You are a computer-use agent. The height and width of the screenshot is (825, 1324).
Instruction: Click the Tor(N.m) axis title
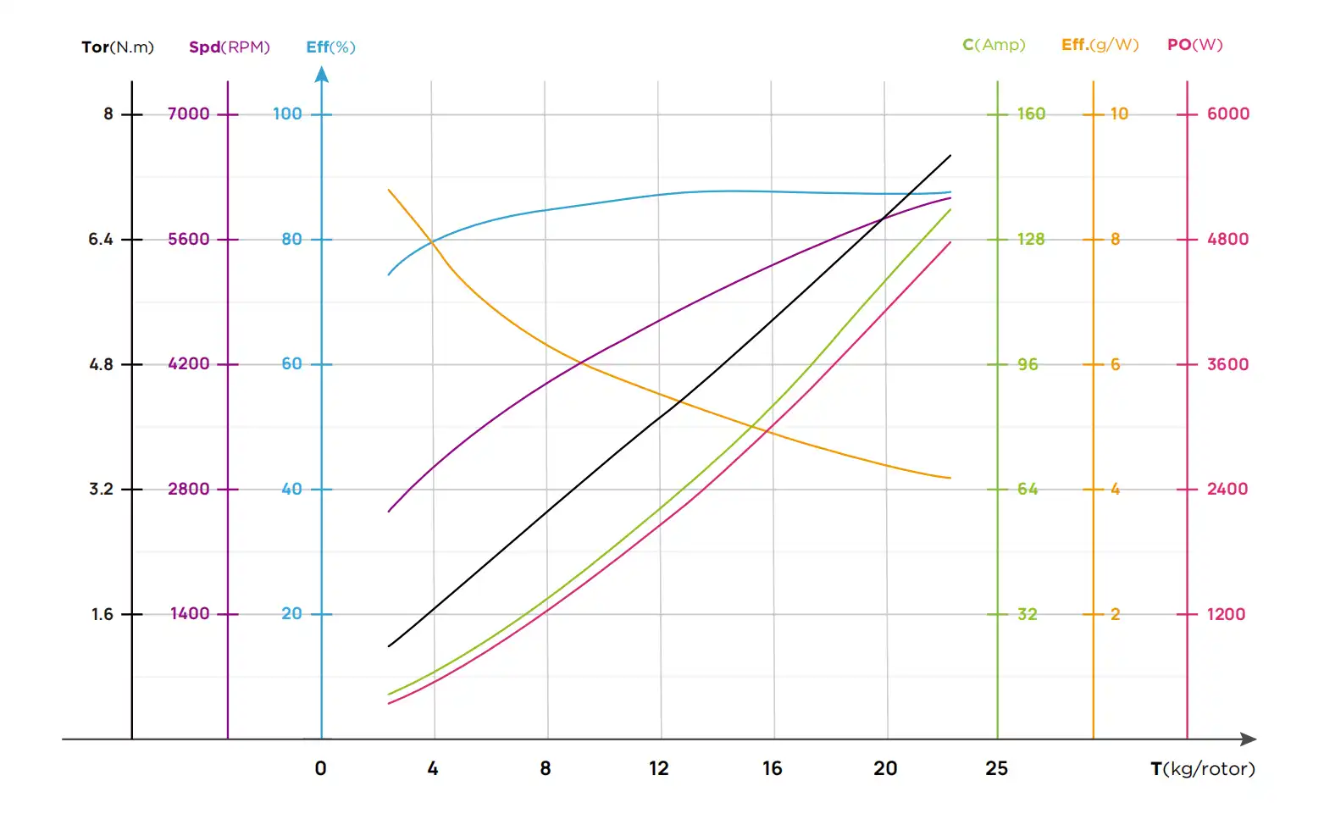point(118,47)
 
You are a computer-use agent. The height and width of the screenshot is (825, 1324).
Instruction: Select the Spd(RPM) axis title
point(229,47)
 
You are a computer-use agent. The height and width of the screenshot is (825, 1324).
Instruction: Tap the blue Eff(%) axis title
point(330,47)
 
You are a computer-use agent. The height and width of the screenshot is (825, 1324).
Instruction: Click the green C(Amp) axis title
point(994,45)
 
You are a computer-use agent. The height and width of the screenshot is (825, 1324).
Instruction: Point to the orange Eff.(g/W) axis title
point(1100,45)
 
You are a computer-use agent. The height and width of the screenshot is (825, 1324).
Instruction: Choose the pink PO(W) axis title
point(1194,45)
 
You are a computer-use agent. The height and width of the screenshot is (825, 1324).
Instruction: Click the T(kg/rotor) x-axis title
point(1202,769)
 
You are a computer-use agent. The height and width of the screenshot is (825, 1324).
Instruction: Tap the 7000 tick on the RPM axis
point(188,114)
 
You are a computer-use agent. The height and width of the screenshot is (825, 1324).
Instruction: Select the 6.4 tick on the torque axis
point(101,240)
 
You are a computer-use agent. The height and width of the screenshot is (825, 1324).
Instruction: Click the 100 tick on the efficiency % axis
point(287,114)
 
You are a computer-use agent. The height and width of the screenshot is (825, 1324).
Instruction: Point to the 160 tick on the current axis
point(1031,114)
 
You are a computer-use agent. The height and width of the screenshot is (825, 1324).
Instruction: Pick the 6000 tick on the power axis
point(1227,114)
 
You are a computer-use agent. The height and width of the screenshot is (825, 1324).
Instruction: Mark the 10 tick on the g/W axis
point(1119,114)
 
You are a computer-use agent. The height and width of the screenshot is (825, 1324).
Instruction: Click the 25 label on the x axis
point(997,768)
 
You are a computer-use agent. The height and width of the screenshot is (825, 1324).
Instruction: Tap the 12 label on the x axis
point(659,768)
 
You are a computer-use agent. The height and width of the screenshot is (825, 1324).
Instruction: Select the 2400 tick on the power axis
point(1227,489)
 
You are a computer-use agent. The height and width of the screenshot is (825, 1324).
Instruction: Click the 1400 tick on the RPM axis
point(190,614)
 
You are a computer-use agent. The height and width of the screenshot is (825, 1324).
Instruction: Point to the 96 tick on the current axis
point(1028,364)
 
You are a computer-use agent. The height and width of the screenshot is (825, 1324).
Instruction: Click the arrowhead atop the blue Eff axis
point(322,75)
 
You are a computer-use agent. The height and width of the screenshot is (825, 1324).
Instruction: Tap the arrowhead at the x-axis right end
point(1249,739)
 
